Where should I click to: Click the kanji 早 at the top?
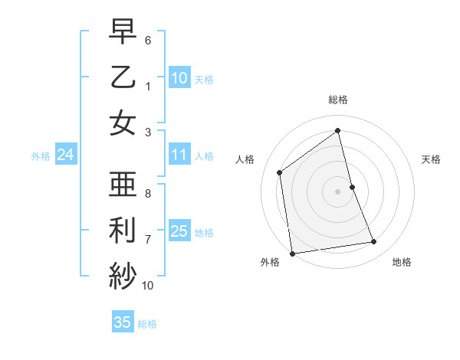point(123,32)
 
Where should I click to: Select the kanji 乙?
point(123,77)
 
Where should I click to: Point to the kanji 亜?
point(123,185)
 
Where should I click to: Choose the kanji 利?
point(123,230)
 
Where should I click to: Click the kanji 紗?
point(123,273)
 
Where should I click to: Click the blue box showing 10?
point(179,77)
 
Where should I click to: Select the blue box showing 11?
point(179,155)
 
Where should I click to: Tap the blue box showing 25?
point(179,231)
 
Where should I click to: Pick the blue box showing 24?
point(65,155)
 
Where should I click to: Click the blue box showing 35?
point(123,322)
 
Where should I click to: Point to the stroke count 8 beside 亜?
point(148,194)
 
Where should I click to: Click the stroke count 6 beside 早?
point(148,39)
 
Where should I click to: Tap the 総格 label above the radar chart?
point(338,100)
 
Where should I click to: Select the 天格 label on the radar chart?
point(432,159)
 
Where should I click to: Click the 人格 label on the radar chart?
point(245,159)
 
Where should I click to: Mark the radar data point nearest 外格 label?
point(292,253)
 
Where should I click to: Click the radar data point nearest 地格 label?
point(374,242)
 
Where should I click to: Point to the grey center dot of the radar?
point(338,191)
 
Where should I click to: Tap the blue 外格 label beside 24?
point(41,156)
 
